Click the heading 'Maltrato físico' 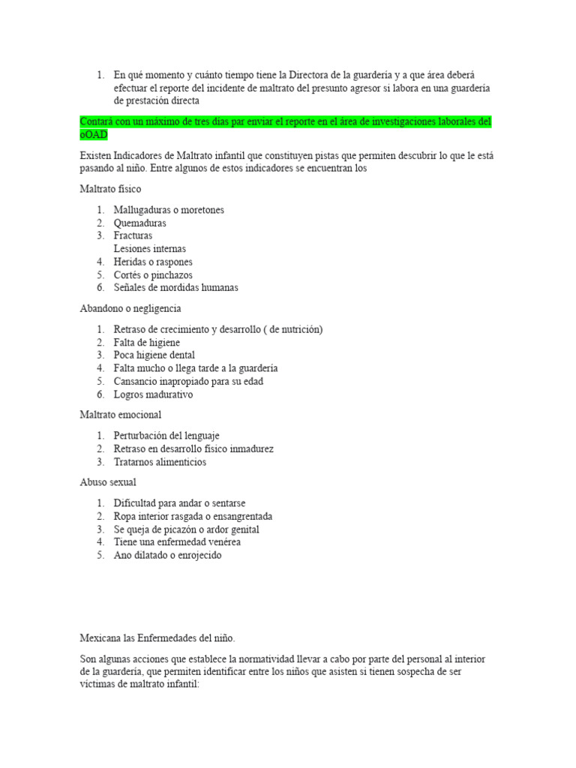click(110, 189)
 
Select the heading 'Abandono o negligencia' click(130, 308)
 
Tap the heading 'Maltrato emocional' click(121, 414)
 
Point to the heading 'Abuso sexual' click(108, 482)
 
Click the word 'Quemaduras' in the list click(140, 223)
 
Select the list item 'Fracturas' click(133, 235)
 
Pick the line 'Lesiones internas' click(150, 248)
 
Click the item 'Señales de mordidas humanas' click(176, 287)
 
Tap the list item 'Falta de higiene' click(147, 342)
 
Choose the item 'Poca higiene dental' click(154, 355)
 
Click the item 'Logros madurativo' click(153, 394)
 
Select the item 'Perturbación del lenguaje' click(166, 436)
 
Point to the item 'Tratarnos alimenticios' click(160, 462)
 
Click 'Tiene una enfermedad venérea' click(177, 541)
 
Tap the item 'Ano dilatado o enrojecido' click(168, 555)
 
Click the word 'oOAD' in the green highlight click(94, 134)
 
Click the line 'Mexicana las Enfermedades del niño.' click(157, 638)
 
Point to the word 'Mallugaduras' click(142, 210)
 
